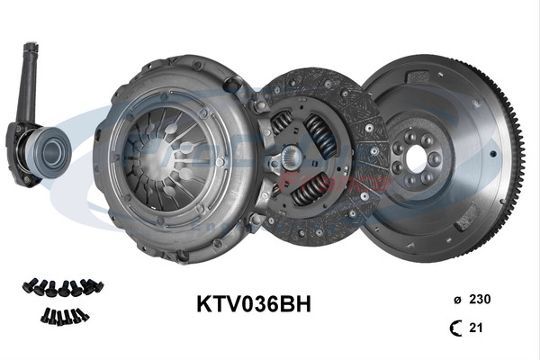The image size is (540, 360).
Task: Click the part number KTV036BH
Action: [x=253, y=304]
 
